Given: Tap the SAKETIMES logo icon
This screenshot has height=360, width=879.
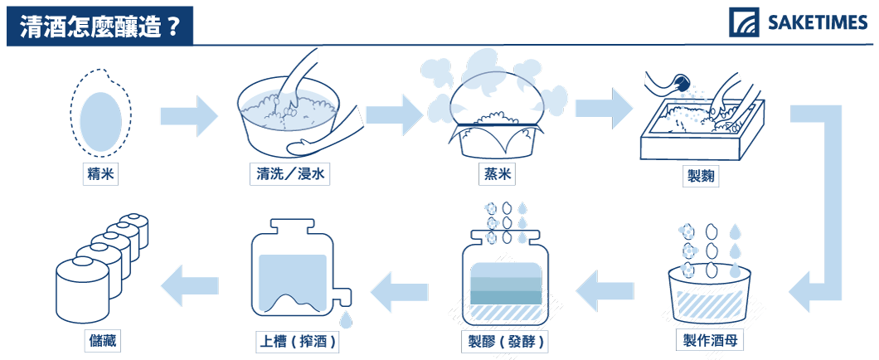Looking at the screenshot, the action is pyautogui.click(x=744, y=22).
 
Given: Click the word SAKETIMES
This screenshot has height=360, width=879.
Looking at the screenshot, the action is pyautogui.click(x=817, y=23).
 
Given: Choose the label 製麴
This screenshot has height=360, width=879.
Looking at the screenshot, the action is pyautogui.click(x=700, y=178).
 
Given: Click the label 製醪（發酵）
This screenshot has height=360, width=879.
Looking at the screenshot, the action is pyautogui.click(x=502, y=340).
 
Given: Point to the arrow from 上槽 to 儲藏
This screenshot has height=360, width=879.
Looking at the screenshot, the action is pyautogui.click(x=189, y=285).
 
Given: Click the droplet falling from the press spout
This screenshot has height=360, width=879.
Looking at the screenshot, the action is pyautogui.click(x=347, y=320).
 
